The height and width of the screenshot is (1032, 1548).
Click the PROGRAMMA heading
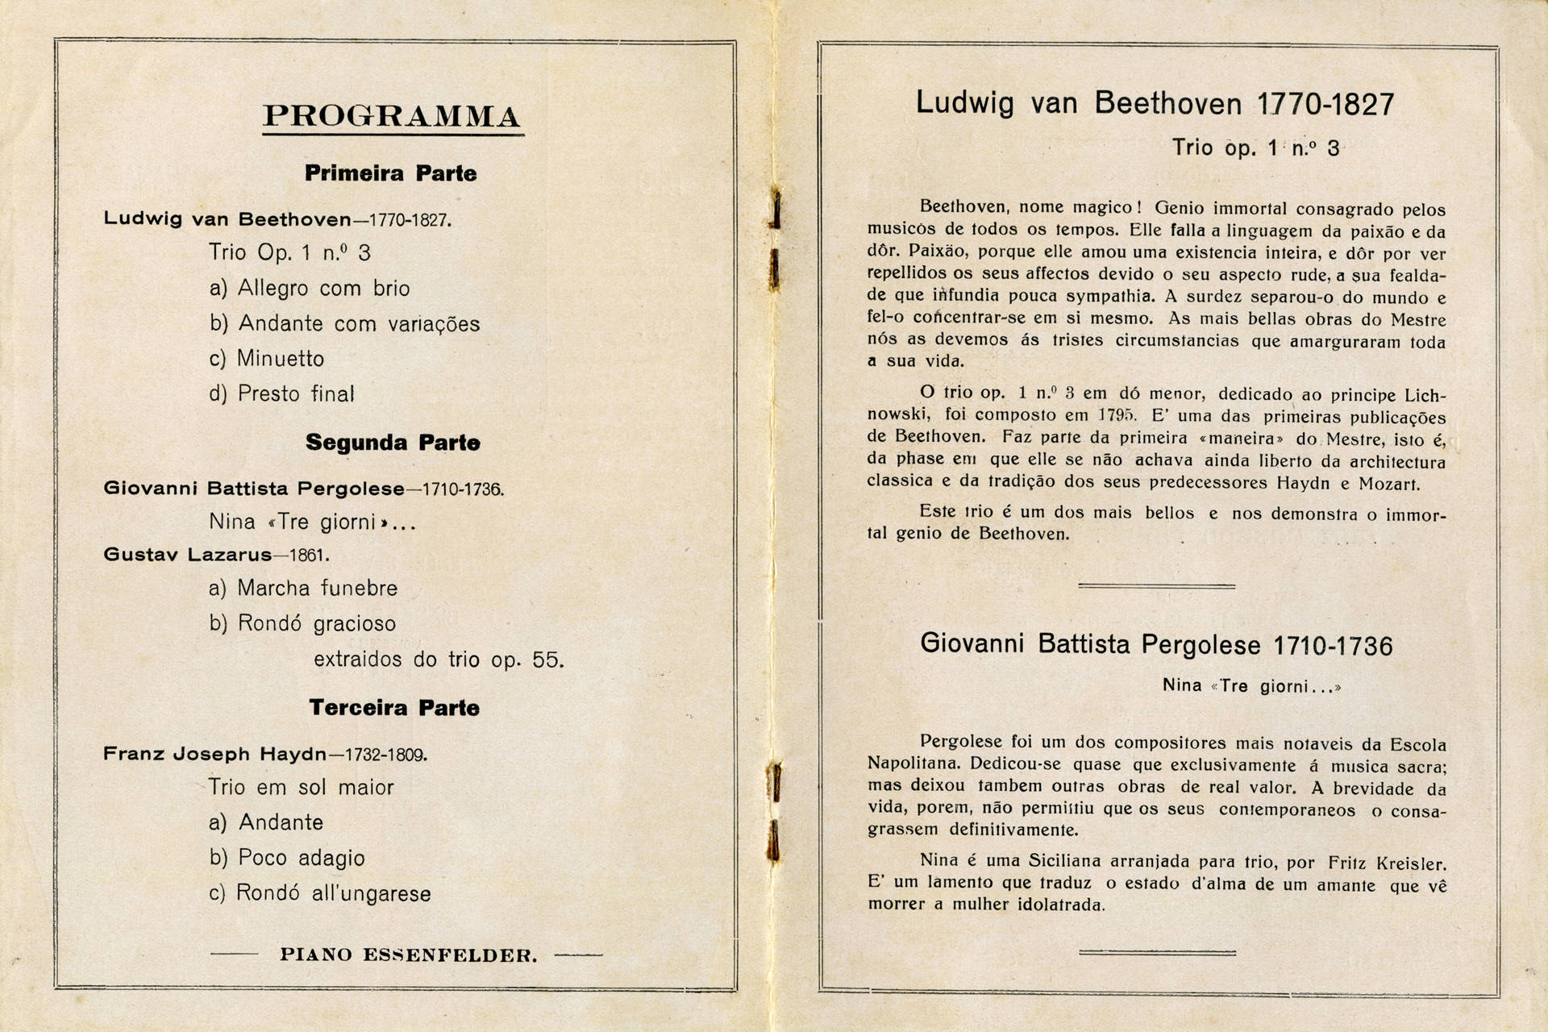[x=392, y=116]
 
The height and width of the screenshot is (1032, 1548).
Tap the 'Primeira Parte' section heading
[x=391, y=173]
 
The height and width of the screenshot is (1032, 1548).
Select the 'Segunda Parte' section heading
[x=393, y=443]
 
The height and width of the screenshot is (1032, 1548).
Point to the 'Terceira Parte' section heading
[x=394, y=708]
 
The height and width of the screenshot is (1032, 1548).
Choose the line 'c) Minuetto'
[x=267, y=359]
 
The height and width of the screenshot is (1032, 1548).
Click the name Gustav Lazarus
[x=188, y=555]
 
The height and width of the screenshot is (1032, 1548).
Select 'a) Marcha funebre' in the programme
[x=303, y=589]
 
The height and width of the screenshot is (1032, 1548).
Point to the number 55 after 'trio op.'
[x=547, y=660]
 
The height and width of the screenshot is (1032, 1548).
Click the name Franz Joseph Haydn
[x=214, y=755]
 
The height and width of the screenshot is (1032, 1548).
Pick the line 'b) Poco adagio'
[x=287, y=858]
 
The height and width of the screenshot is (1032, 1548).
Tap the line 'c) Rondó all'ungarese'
[x=320, y=893]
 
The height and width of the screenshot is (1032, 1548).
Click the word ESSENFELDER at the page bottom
[x=449, y=955]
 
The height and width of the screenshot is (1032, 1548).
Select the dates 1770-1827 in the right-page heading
[x=1325, y=105]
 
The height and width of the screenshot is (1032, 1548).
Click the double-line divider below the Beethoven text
[x=1156, y=586]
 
